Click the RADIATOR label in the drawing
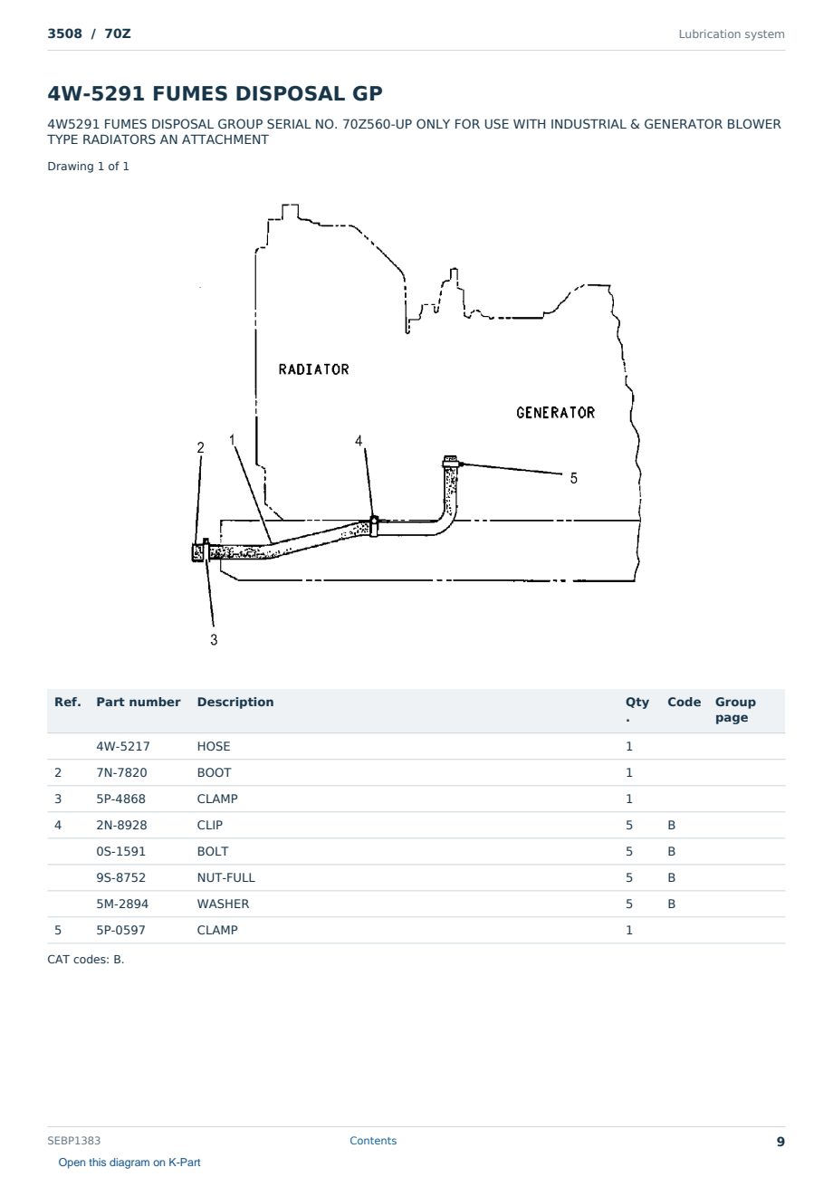coord(314,369)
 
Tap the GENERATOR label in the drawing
coord(556,413)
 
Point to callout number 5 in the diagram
coord(574,478)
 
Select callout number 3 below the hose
coord(214,639)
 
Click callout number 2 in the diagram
coord(200,447)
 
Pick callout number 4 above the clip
coord(359,440)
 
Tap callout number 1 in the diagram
coord(232,439)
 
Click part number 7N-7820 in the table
coord(121,772)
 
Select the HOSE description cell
coord(214,746)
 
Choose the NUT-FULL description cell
coord(226,877)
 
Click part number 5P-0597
coord(120,930)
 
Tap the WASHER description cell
coord(223,904)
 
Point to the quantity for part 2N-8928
coord(629,825)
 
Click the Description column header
coord(235,702)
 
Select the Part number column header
coord(139,702)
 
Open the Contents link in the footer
coord(373,1140)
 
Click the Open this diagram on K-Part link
coord(129,1163)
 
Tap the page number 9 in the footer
coord(780,1142)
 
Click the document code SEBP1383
coord(73,1140)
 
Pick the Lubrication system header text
coord(732,34)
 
